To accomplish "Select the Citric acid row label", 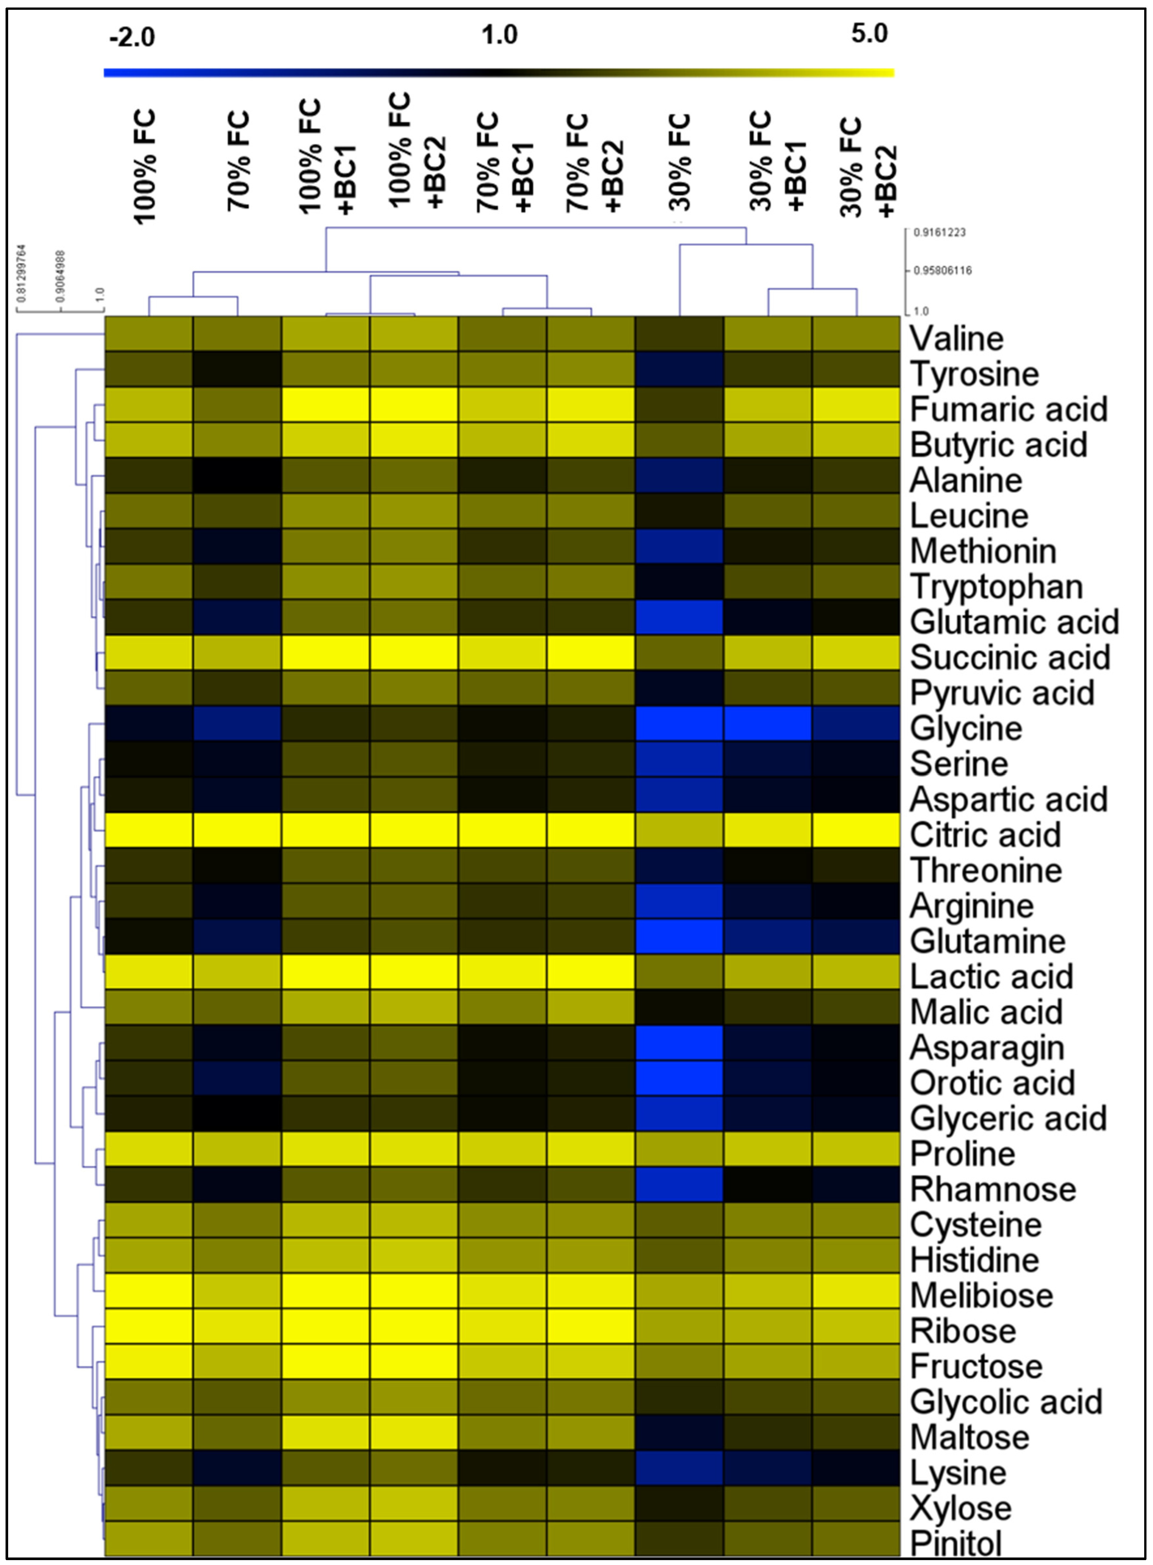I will (985, 835).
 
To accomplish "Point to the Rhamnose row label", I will (993, 1190).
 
